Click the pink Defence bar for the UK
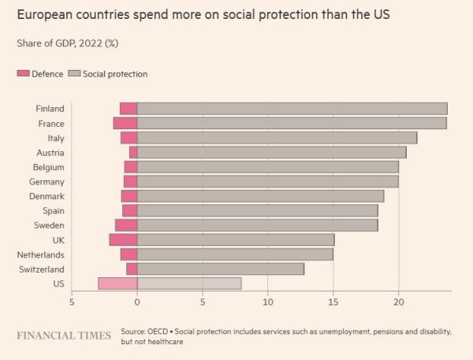[x=123, y=239]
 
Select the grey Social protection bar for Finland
[x=292, y=109]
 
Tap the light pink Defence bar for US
[x=117, y=284]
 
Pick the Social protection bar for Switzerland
[x=221, y=269]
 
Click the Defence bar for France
[x=125, y=123]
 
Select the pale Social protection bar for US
[x=189, y=284]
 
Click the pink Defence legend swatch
[x=23, y=74]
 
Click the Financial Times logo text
[x=64, y=336]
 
